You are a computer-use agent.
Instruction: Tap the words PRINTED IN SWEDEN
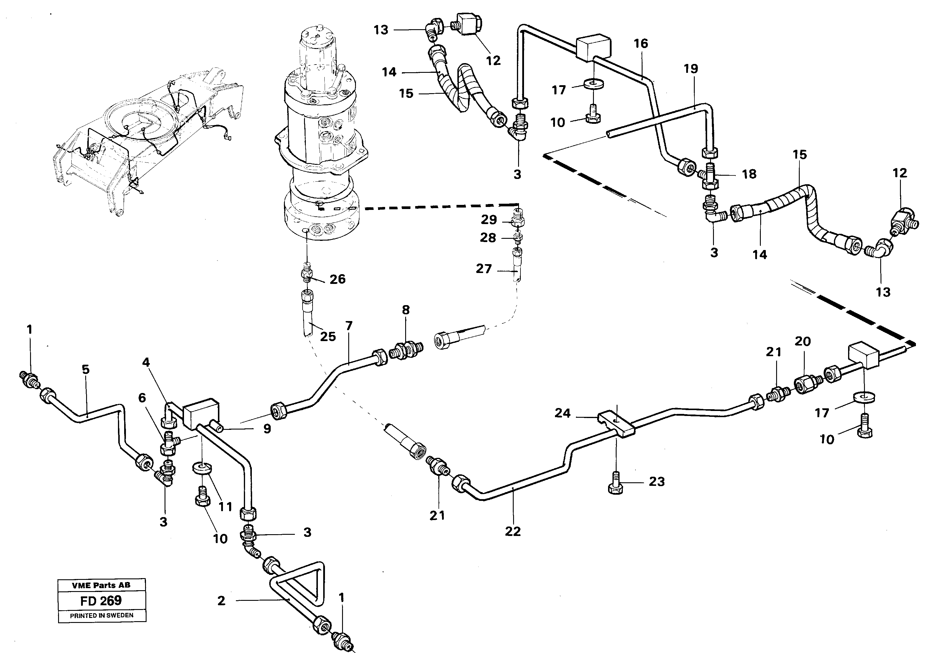tap(101, 616)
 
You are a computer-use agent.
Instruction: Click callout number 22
tap(513, 531)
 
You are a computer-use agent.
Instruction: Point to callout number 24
tap(562, 413)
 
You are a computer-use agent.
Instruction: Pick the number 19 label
tap(691, 69)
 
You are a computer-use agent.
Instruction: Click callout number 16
tap(640, 44)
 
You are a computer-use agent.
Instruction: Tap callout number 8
tap(405, 310)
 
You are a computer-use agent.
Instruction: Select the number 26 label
tap(337, 279)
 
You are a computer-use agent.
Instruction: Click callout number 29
tap(489, 220)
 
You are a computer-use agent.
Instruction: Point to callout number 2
tap(221, 601)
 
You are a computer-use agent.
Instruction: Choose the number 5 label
tap(85, 369)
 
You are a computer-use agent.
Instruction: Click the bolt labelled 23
tap(615, 488)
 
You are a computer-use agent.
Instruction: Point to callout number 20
tap(802, 341)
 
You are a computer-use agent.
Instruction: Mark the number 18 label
tap(749, 174)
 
